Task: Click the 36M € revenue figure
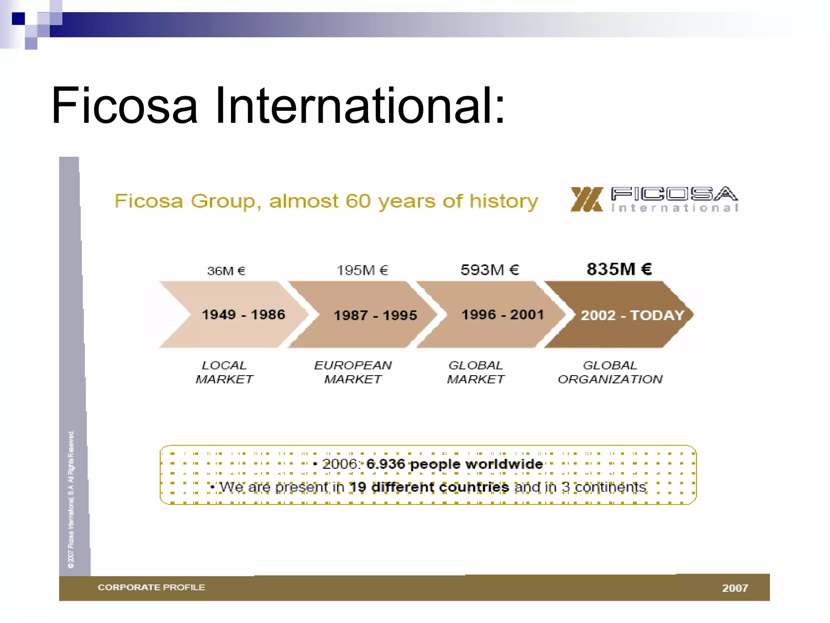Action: point(226,271)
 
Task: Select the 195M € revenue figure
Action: point(362,270)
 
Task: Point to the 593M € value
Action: point(490,270)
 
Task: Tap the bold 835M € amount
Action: point(619,269)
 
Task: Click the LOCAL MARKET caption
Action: point(224,372)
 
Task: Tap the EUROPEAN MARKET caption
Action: point(353,372)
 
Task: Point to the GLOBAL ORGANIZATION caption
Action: point(610,372)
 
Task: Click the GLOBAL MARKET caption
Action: point(476,372)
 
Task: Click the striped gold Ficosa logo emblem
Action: point(586,199)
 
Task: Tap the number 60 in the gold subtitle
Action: point(358,201)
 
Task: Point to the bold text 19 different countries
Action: point(429,487)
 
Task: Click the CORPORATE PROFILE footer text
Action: point(152,587)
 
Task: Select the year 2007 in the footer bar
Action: point(735,588)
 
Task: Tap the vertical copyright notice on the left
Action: point(71,499)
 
